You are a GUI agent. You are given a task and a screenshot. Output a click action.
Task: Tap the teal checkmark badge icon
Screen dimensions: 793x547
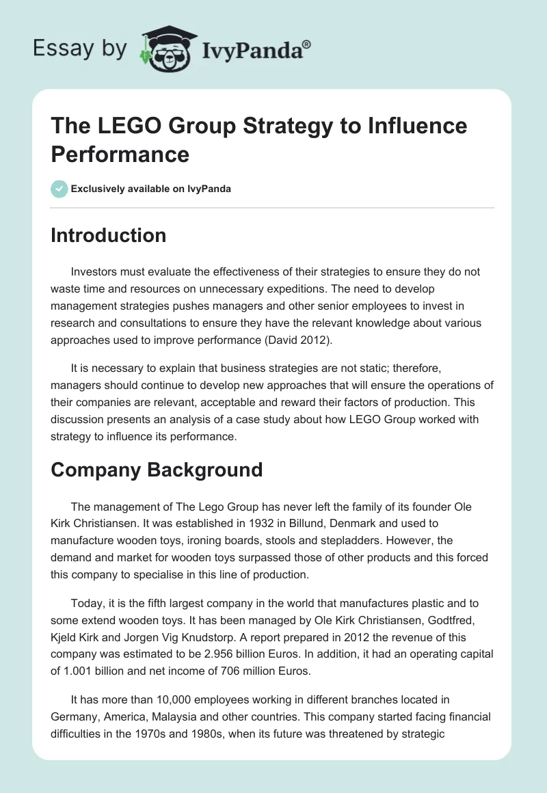tap(59, 189)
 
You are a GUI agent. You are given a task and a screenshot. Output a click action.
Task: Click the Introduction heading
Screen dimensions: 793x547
tap(108, 235)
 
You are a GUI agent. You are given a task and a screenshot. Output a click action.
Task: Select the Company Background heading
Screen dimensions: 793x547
tap(157, 470)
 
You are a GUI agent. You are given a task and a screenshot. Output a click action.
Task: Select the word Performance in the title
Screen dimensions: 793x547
tap(120, 154)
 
